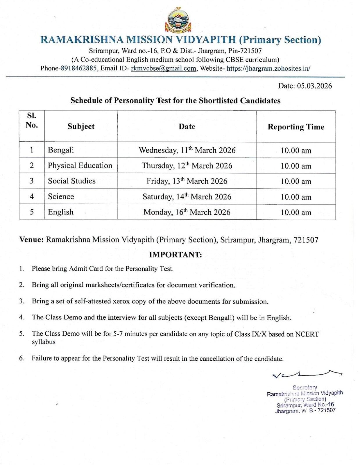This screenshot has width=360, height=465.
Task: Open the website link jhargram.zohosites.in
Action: pyautogui.click(x=268, y=69)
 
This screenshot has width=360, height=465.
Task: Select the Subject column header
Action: pyautogui.click(x=81, y=126)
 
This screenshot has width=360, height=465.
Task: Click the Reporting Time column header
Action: pyautogui.click(x=296, y=127)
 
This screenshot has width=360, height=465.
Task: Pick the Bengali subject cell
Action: pyautogui.click(x=61, y=150)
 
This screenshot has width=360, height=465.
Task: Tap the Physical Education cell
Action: pyautogui.click(x=80, y=166)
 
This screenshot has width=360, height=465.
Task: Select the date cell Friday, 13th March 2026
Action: pyautogui.click(x=187, y=181)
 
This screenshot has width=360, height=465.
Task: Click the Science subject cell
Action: pyautogui.click(x=61, y=196)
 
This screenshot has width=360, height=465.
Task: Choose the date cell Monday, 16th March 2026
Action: pyautogui.click(x=187, y=212)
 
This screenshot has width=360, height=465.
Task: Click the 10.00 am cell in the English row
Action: pyautogui.click(x=296, y=212)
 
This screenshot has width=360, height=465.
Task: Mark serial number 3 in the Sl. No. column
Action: pyautogui.click(x=32, y=181)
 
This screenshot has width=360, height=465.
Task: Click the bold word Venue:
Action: pyautogui.click(x=31, y=240)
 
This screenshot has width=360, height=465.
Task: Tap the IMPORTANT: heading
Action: pyautogui.click(x=175, y=255)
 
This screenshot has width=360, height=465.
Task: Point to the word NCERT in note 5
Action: pyautogui.click(x=307, y=334)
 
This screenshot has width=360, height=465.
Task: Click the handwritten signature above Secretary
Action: pyautogui.click(x=305, y=374)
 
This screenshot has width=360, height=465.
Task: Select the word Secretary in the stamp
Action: pyautogui.click(x=305, y=388)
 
